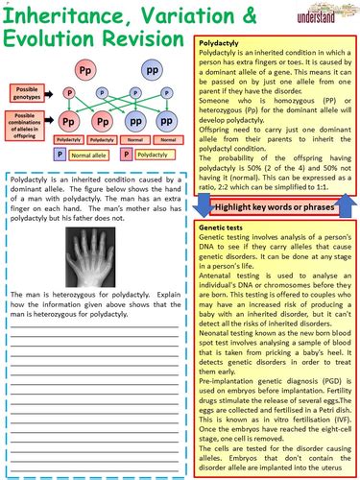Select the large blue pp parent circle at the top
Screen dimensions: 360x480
pos(151,73)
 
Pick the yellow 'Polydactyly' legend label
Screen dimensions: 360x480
pos(154,154)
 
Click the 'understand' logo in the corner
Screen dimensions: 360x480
pos(324,18)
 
